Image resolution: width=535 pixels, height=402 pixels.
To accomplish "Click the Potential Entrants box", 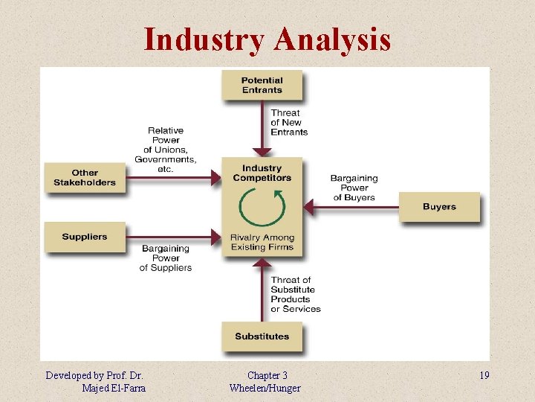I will pyautogui.click(x=262, y=85).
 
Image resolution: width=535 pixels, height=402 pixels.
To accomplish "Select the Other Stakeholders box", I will pyautogui.click(x=85, y=178).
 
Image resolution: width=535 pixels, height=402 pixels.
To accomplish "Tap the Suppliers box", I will pyautogui.click(x=85, y=237).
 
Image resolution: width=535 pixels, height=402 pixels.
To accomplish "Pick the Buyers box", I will pyautogui.click(x=439, y=206).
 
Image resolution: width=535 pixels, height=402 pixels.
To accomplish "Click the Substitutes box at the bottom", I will pyautogui.click(x=262, y=336).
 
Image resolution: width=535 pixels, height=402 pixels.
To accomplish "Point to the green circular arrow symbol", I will pyautogui.click(x=262, y=207).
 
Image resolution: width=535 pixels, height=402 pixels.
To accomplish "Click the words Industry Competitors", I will pyautogui.click(x=262, y=173).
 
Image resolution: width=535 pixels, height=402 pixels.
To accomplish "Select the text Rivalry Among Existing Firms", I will pyautogui.click(x=262, y=242).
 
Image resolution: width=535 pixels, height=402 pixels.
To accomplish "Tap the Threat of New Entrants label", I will pyautogui.click(x=288, y=123).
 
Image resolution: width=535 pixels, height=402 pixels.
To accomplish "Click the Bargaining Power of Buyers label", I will pyautogui.click(x=355, y=188).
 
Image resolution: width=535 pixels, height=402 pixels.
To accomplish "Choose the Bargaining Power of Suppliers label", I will pyautogui.click(x=166, y=258).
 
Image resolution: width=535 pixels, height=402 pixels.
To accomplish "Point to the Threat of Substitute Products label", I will pyautogui.click(x=295, y=294).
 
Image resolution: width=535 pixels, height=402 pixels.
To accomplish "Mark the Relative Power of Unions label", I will pyautogui.click(x=165, y=150).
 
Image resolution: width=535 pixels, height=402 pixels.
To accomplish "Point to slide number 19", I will pyautogui.click(x=484, y=375).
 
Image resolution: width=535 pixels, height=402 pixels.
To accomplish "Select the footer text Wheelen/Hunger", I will pyautogui.click(x=265, y=388).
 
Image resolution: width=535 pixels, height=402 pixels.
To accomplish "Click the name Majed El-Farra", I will pyautogui.click(x=114, y=388).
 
